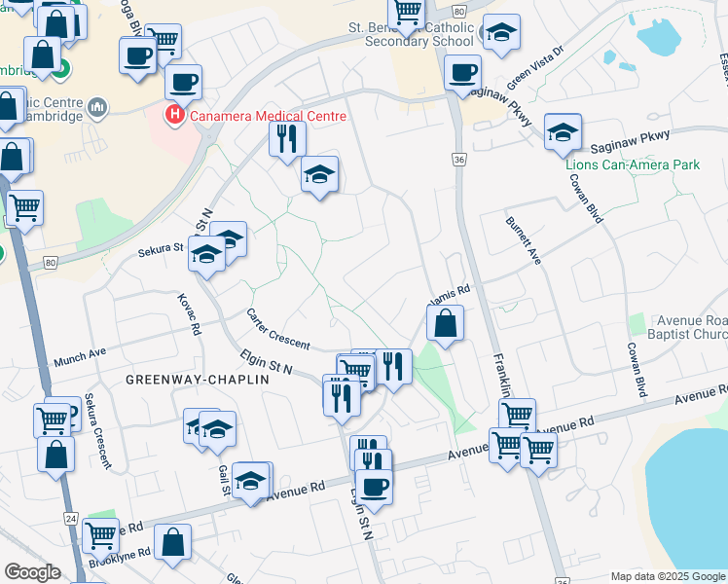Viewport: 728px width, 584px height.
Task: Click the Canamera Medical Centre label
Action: (x=268, y=116)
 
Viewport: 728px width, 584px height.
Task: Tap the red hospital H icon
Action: (x=175, y=116)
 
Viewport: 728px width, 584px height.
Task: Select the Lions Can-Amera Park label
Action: (x=633, y=164)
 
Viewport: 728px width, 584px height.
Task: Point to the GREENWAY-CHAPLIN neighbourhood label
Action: (x=196, y=380)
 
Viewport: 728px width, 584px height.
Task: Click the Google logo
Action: (x=32, y=572)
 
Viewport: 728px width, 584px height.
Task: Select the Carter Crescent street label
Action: (x=277, y=330)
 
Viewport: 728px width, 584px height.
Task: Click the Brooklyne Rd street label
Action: (x=119, y=553)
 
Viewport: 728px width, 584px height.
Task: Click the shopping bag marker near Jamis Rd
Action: (x=445, y=325)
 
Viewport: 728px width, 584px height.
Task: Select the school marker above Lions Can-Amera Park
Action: (x=563, y=133)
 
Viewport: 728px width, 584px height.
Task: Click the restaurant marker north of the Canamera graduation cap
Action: (x=285, y=139)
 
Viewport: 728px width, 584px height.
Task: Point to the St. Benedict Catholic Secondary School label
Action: (x=413, y=34)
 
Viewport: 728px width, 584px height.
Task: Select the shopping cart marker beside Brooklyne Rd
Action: (x=100, y=534)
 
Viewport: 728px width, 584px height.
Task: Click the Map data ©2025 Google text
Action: (x=669, y=576)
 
